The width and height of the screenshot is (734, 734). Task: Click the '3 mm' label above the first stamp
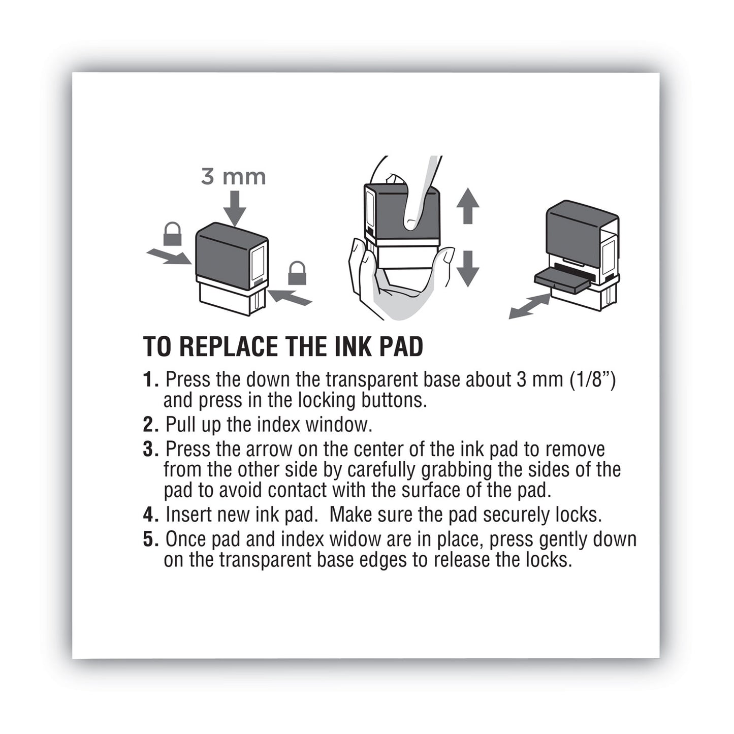click(x=233, y=177)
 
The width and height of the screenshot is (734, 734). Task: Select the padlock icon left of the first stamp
click(x=172, y=234)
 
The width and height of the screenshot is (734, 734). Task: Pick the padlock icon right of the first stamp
click(x=297, y=273)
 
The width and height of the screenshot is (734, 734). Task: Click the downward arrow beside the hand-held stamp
click(x=467, y=268)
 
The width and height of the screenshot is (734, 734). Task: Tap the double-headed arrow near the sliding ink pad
click(x=529, y=306)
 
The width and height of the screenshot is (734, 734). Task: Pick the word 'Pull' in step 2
click(x=181, y=425)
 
